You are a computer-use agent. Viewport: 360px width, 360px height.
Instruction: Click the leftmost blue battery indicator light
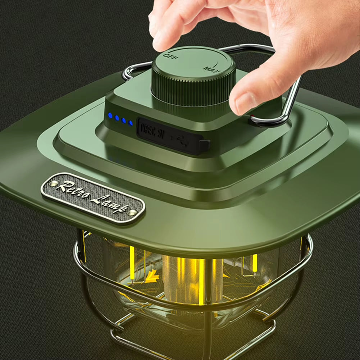coord(110,115)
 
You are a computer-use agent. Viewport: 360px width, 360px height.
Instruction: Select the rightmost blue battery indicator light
coord(131,123)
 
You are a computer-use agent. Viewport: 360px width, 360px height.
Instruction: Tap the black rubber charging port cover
coord(169,136)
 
